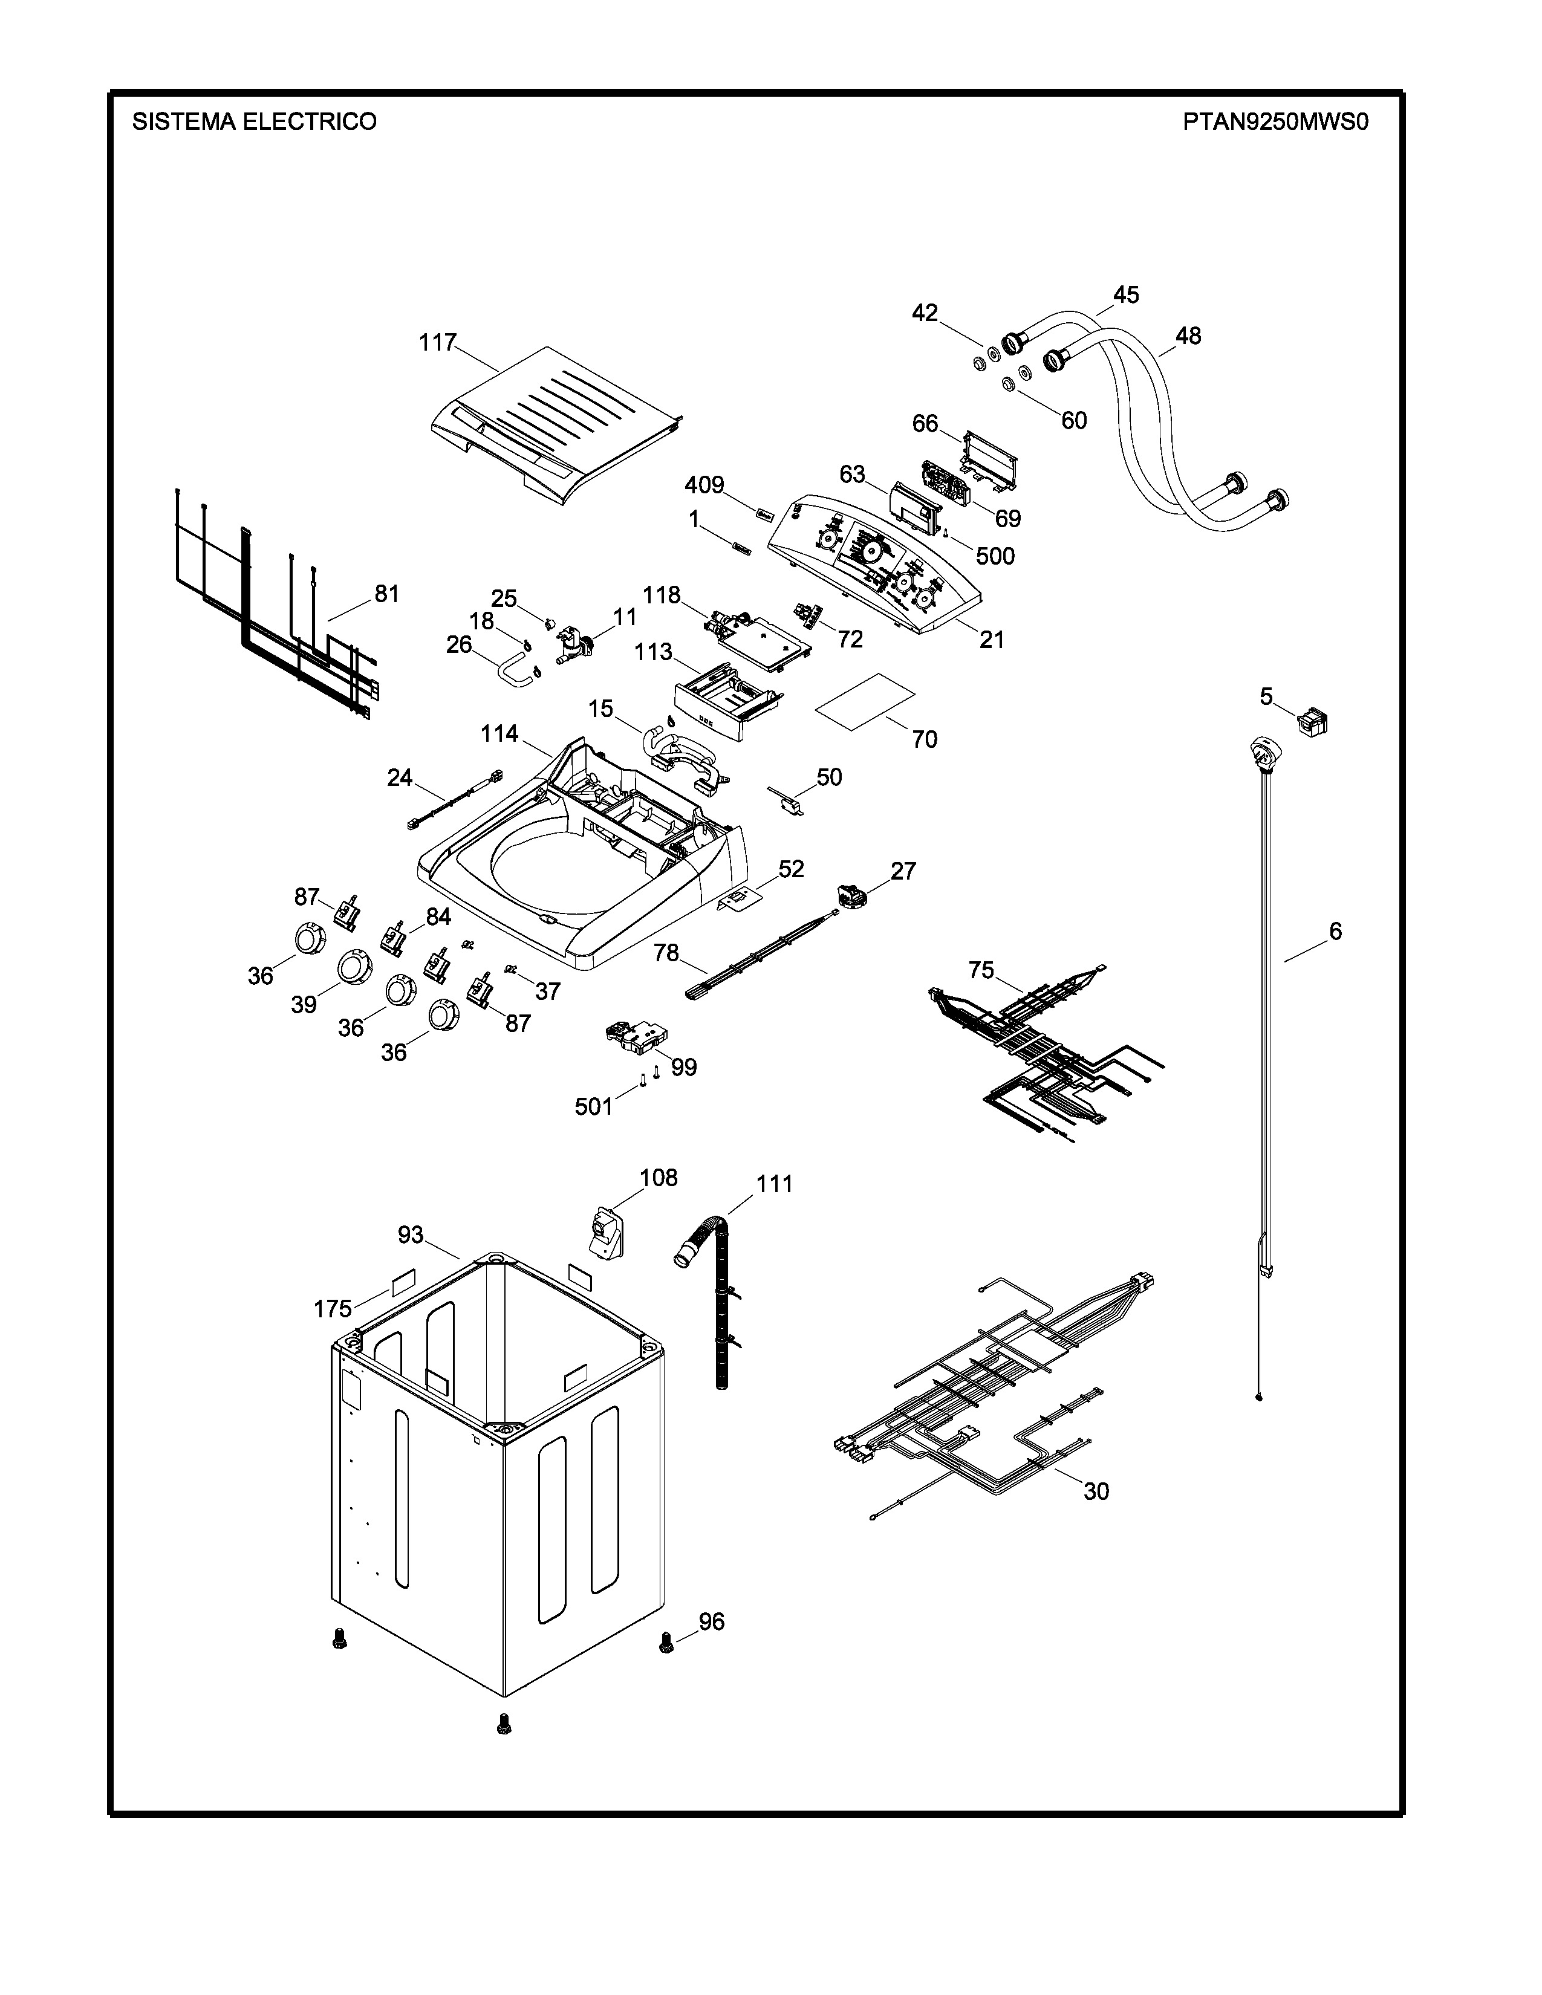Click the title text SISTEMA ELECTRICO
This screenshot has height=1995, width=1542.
[254, 122]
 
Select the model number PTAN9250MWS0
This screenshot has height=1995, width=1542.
[1275, 122]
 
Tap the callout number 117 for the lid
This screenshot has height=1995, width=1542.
[438, 343]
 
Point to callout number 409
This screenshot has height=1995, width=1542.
[704, 484]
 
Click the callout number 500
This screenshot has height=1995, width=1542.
[995, 556]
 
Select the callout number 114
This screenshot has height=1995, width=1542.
[499, 733]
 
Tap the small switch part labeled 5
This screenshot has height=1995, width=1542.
[1313, 724]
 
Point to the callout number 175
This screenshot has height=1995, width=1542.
[333, 1309]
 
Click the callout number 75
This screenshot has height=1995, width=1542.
[981, 970]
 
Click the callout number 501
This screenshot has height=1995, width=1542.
[594, 1107]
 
